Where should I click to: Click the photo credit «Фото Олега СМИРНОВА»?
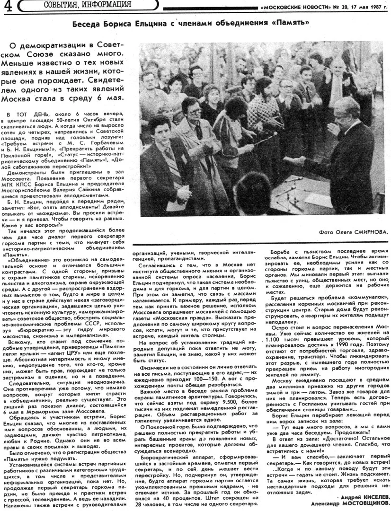click(353, 232)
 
